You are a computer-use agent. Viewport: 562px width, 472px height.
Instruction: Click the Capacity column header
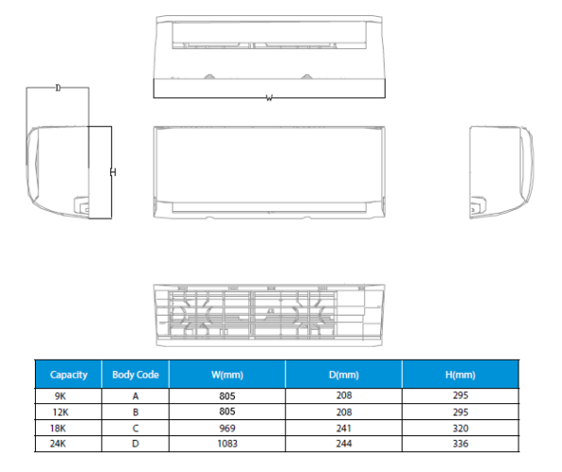[x=69, y=375]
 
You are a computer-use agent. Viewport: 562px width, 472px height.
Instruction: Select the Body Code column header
[x=136, y=375]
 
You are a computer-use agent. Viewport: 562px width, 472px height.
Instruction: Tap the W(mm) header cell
[x=227, y=375]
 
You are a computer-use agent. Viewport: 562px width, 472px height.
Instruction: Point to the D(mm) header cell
[x=344, y=375]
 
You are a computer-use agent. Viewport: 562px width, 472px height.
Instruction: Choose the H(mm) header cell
[x=460, y=375]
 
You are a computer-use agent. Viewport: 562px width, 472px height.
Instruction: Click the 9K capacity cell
[x=60, y=396]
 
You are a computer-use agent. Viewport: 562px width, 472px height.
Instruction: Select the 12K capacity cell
[x=60, y=413]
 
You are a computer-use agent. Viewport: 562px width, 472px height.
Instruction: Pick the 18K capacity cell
[x=58, y=429]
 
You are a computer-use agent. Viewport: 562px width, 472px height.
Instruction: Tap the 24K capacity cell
[x=58, y=444]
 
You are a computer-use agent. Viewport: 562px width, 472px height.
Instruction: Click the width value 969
[x=227, y=429]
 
